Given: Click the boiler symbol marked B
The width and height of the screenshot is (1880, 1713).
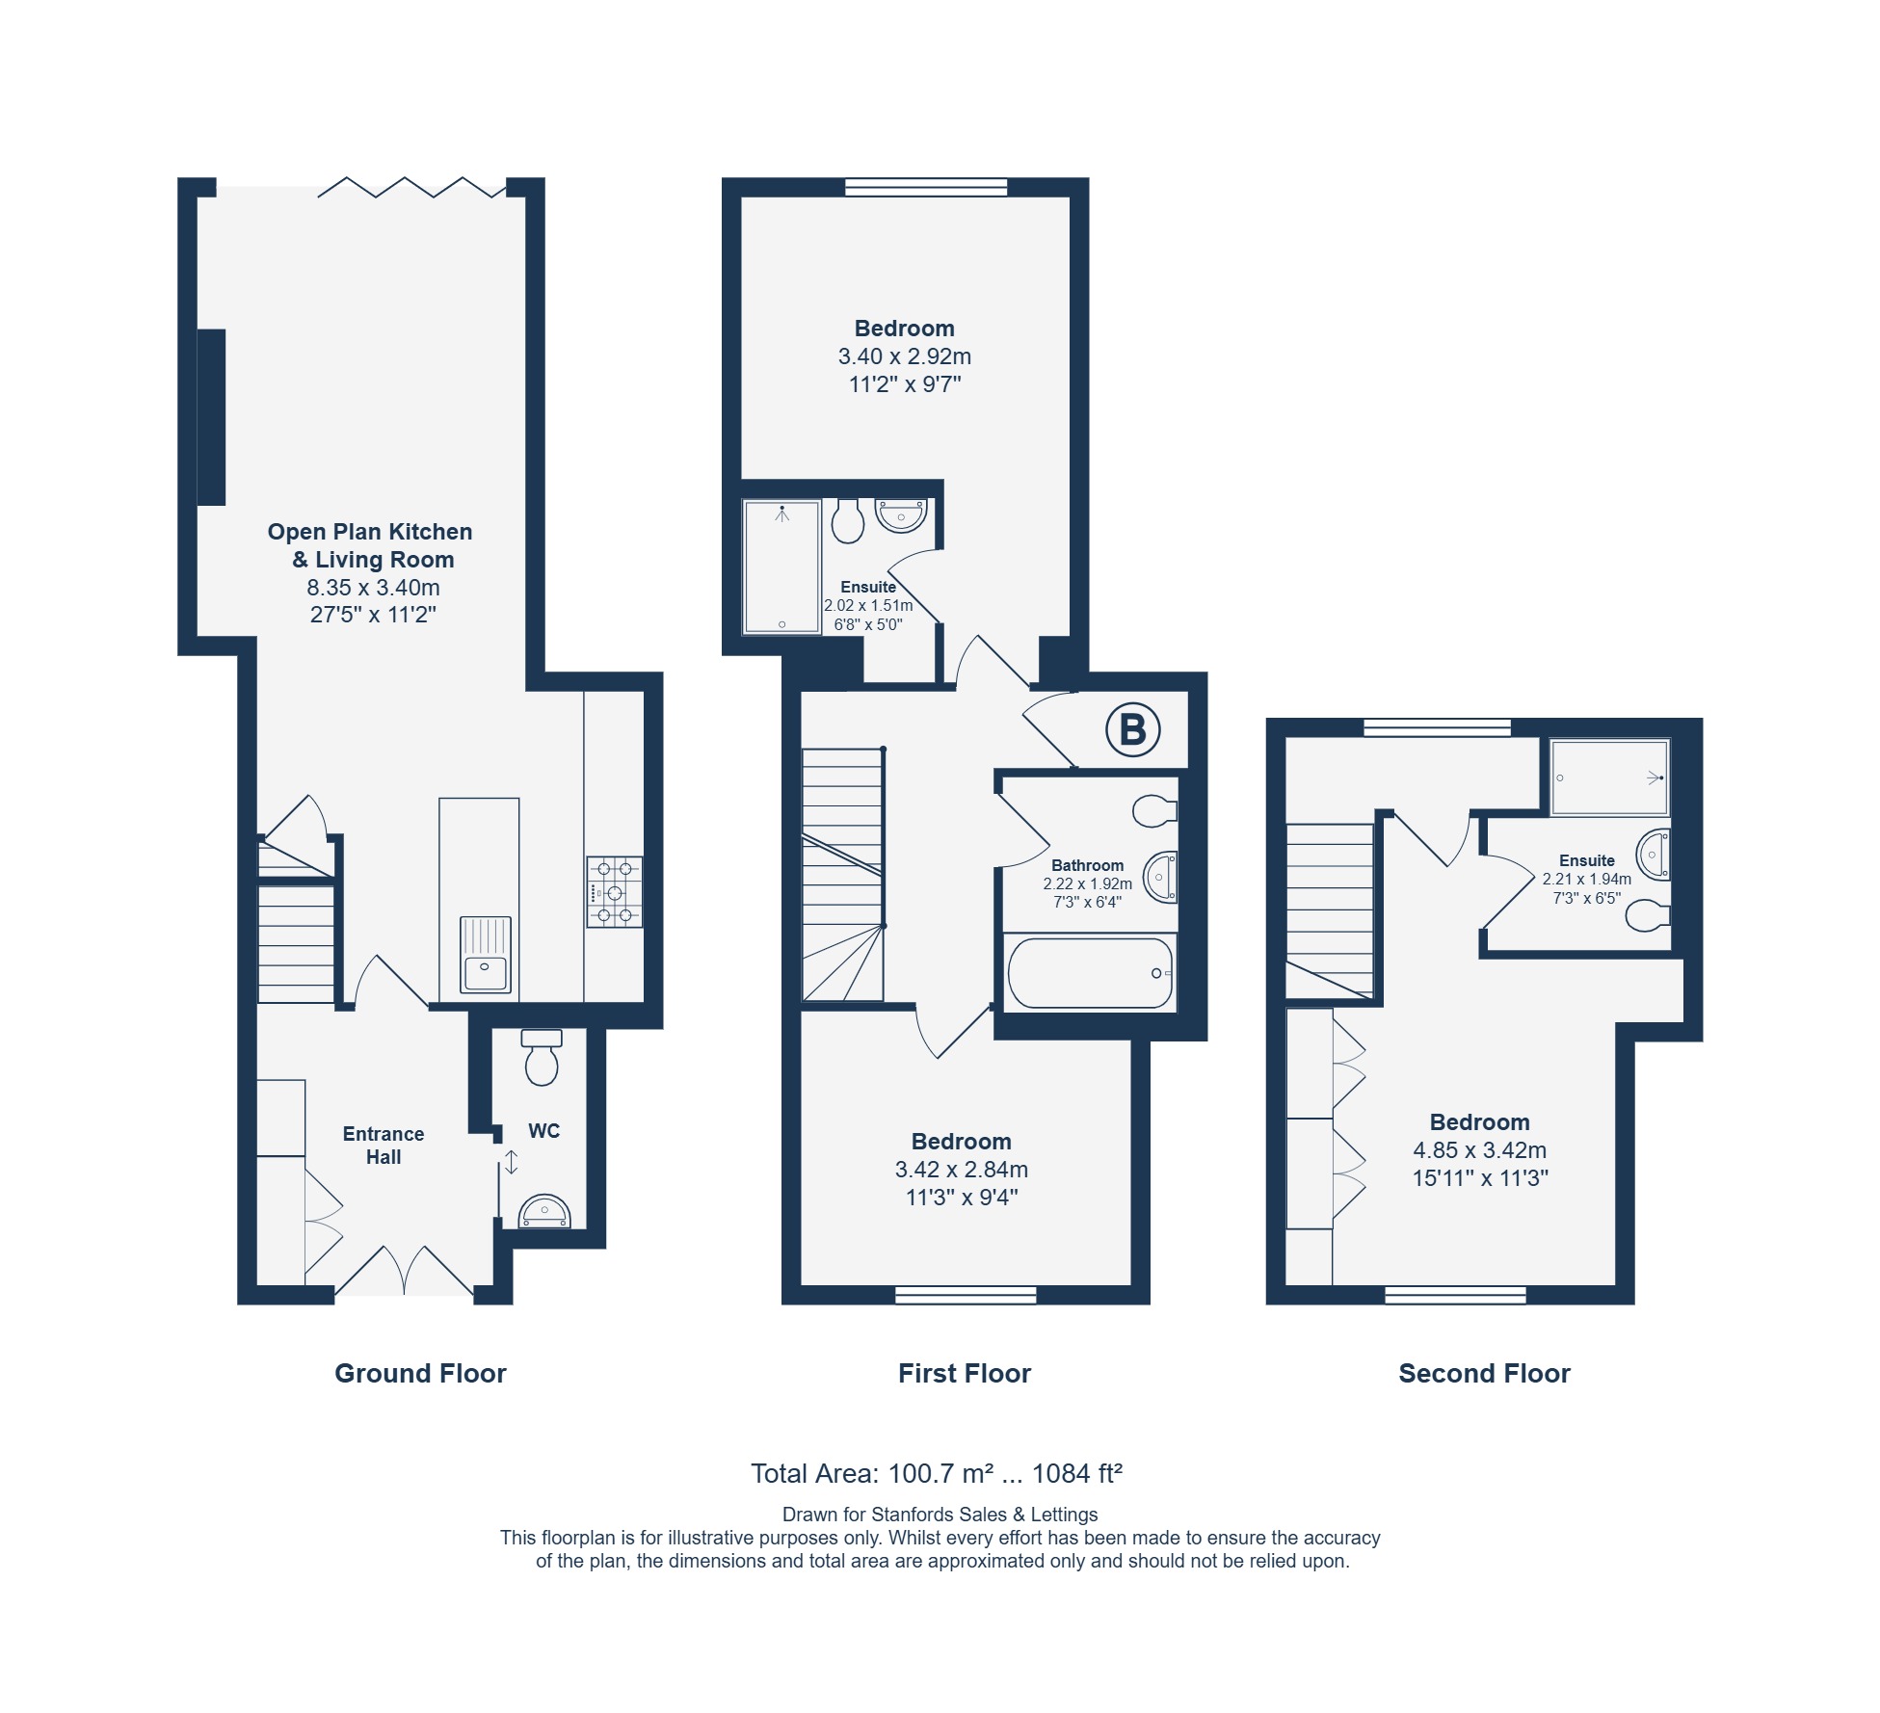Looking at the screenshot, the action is (1132, 729).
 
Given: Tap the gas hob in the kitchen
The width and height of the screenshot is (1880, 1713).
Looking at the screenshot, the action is (615, 892).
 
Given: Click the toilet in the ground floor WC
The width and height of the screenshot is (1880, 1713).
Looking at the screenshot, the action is (542, 1057).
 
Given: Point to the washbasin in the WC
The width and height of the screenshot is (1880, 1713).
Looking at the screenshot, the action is (544, 1211).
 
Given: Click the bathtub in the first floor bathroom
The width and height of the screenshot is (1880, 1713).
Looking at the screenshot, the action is (1090, 972).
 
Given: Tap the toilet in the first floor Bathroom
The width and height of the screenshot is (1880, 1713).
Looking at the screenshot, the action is (1155, 811).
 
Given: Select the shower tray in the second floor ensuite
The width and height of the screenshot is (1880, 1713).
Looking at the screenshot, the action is (1609, 777).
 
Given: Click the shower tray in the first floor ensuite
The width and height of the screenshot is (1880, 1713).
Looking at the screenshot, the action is (781, 567).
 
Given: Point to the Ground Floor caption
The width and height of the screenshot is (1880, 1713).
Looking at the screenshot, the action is (420, 1373).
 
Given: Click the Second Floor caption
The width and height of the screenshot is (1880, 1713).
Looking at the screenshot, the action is (1484, 1373).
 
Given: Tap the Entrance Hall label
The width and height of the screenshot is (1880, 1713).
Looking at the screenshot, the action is (384, 1146).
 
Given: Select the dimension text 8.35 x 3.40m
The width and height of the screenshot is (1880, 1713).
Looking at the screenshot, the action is (373, 587).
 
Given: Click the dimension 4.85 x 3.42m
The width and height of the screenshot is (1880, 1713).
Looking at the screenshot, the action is (1480, 1149).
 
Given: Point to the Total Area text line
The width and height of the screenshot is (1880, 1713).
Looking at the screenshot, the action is (937, 1473).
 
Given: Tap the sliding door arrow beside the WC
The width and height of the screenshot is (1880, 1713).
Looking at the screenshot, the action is (512, 1162).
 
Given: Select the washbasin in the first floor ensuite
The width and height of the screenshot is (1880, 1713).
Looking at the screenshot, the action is (901, 515).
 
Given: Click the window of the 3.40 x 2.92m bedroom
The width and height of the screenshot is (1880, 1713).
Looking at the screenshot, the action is (926, 187).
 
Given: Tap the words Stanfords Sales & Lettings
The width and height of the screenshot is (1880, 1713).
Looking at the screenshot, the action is (985, 1515).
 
